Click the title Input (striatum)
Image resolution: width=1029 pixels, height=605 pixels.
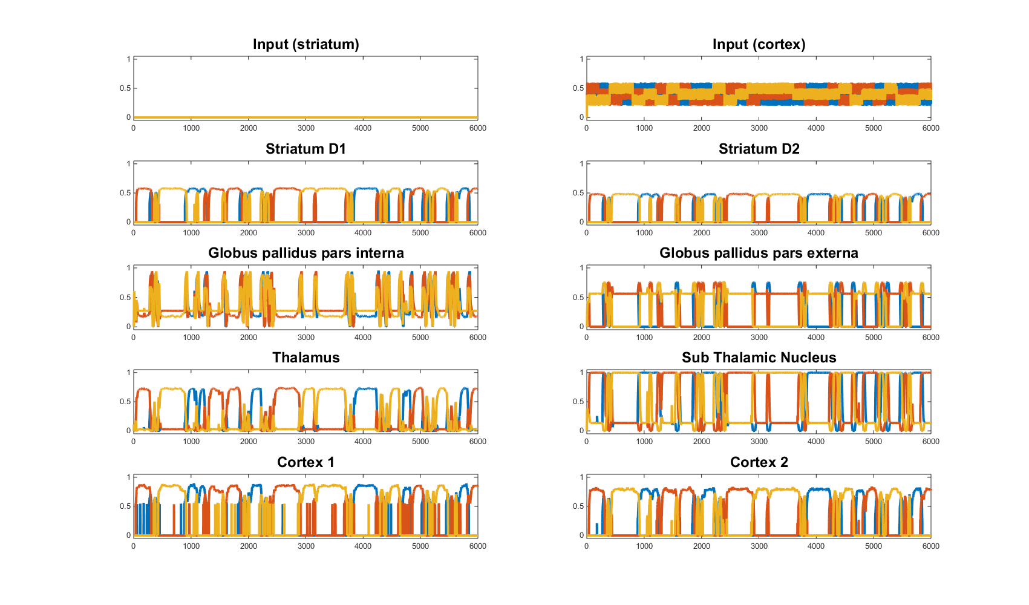click(306, 45)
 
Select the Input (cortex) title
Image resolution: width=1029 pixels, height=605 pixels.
click(759, 45)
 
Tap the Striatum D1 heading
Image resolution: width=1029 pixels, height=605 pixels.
click(306, 149)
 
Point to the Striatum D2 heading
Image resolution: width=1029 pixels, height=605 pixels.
click(759, 149)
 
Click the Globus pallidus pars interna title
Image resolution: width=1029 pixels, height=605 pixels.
click(306, 253)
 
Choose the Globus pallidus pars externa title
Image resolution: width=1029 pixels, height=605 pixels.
click(759, 253)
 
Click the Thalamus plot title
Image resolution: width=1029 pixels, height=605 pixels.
click(306, 358)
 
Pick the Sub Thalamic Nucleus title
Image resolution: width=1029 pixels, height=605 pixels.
click(759, 358)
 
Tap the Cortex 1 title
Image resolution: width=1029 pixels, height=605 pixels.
click(306, 462)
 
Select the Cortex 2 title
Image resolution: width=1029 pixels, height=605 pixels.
click(759, 462)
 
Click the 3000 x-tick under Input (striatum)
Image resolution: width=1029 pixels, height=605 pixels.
click(306, 128)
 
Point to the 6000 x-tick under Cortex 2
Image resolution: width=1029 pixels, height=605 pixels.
click(930, 546)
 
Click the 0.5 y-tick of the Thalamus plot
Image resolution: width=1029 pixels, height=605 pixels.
click(125, 402)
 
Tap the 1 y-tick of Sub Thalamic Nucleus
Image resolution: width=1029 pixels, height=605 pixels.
click(581, 373)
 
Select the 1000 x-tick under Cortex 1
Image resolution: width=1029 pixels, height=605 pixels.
click(191, 546)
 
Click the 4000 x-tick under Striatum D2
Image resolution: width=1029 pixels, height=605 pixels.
click(816, 233)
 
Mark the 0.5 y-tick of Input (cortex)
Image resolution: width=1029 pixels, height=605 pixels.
click(578, 88)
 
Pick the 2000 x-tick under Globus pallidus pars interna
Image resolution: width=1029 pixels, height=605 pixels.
click(249, 338)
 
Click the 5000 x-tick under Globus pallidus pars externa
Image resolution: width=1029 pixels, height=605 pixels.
click(874, 338)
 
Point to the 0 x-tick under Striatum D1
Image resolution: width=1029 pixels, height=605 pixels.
click(134, 233)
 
